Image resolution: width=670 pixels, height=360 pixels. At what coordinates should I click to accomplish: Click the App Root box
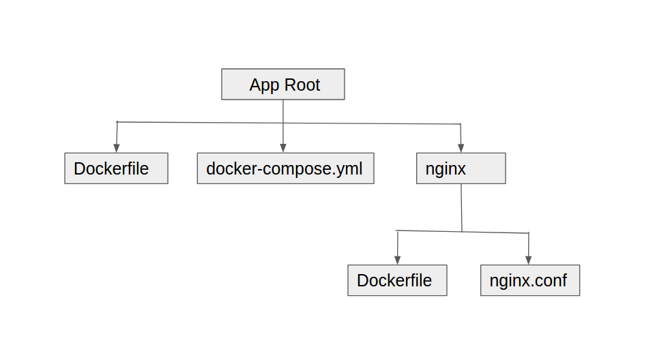coord(283,85)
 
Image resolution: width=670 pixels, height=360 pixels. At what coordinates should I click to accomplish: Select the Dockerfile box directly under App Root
coord(116,168)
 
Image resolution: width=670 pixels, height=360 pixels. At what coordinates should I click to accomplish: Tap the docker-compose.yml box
coord(285,168)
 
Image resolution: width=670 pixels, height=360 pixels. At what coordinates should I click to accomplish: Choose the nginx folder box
coord(461,168)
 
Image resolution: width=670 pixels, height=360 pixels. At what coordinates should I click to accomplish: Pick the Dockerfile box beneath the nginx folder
coord(397,280)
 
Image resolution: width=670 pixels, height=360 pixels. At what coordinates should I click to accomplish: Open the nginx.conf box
coord(529,280)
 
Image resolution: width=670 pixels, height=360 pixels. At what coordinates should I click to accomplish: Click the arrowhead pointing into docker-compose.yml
coord(283,149)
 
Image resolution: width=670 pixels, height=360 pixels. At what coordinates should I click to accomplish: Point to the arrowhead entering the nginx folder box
coord(461,149)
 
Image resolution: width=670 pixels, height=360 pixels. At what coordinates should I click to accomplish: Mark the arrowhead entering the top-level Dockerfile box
coord(116,149)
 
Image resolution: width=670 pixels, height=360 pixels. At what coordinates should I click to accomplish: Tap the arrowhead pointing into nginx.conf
coord(529,260)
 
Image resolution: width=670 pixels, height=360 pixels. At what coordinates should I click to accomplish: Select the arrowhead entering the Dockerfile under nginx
coord(397,260)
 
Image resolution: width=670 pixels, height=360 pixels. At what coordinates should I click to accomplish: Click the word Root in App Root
coord(303,85)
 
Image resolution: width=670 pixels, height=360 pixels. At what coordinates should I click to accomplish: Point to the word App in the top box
coord(264,85)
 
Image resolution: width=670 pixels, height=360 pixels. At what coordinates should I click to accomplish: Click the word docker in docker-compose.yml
coord(229,168)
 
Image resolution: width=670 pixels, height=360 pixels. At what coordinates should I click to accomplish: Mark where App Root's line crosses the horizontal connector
coord(283,123)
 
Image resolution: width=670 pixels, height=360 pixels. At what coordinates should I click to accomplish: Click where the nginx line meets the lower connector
coord(462,232)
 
